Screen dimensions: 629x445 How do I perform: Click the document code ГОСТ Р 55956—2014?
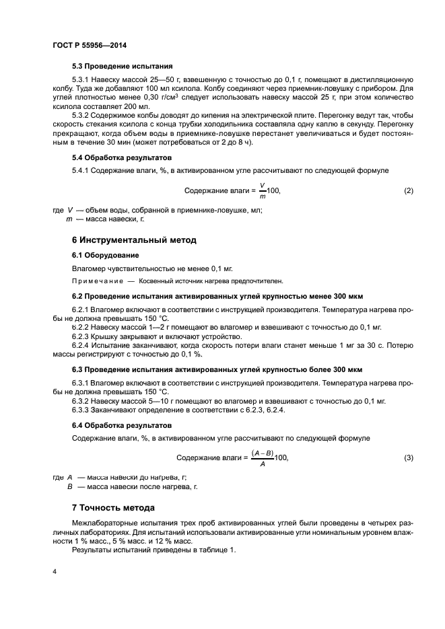tap(89, 44)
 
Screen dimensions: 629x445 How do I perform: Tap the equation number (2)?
tap(408, 191)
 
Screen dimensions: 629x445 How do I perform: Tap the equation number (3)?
tap(408, 458)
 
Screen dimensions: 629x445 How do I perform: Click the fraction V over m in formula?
tap(262, 191)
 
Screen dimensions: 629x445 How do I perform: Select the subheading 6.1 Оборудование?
tap(106, 256)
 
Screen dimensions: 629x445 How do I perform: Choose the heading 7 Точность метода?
tap(113, 507)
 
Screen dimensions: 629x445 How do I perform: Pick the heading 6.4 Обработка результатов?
tap(122, 426)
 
